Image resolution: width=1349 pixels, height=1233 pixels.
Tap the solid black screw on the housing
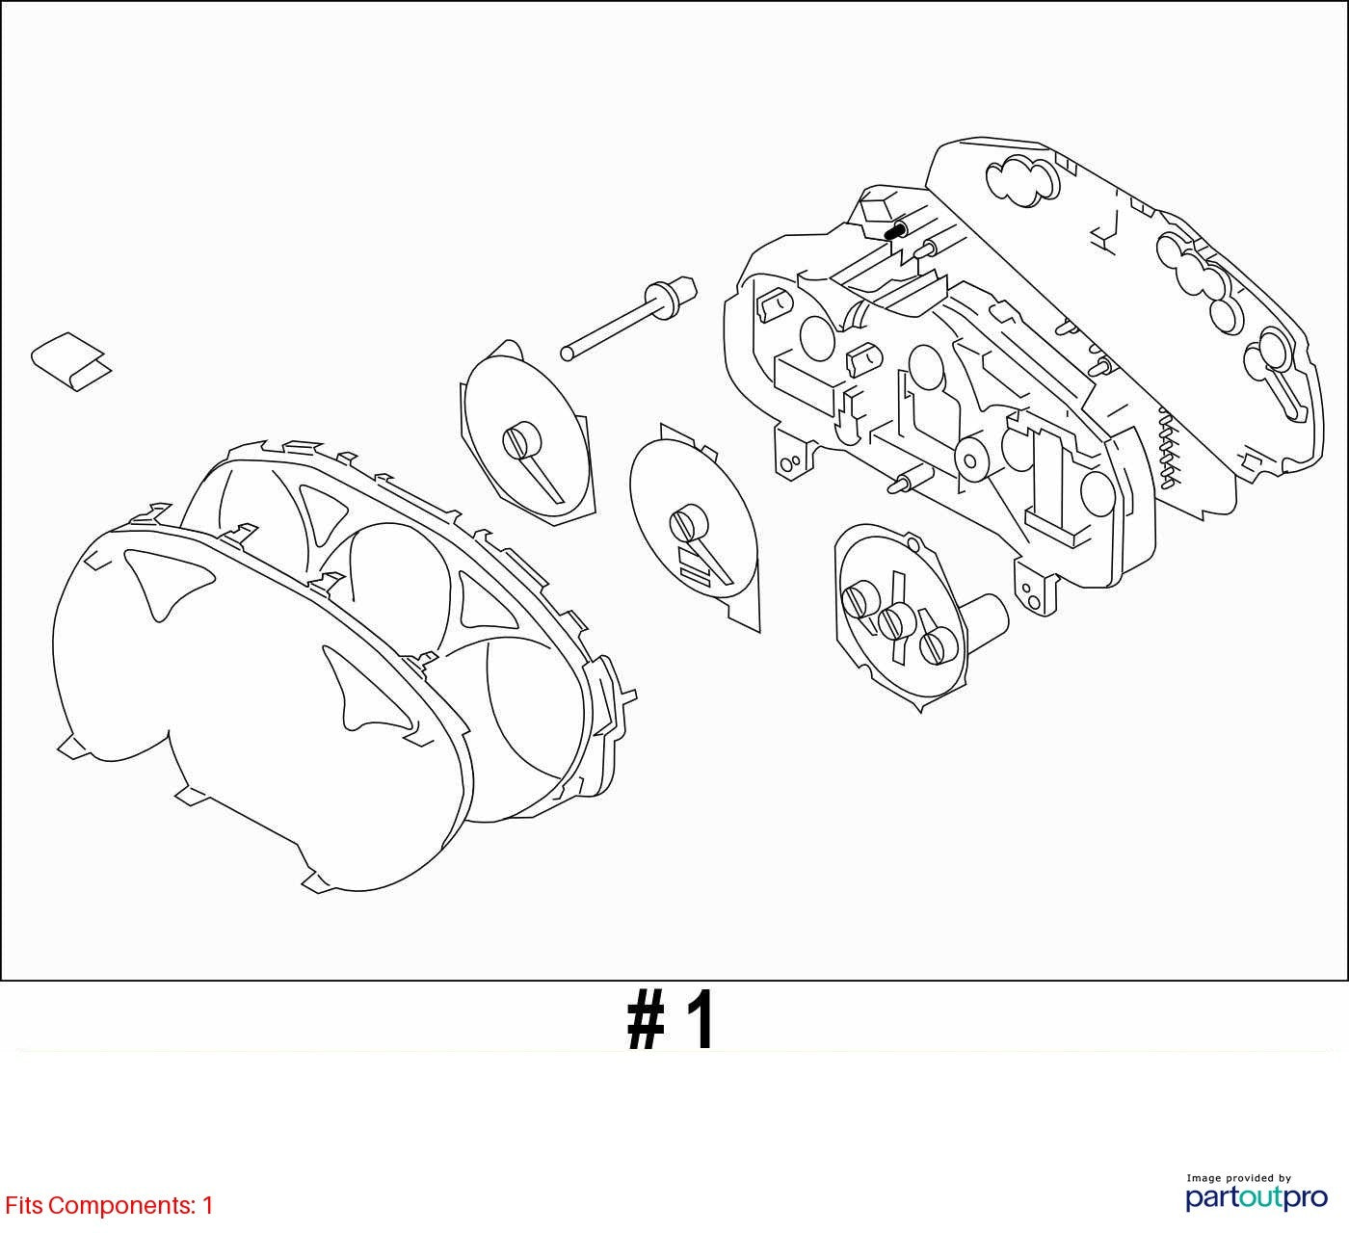[x=894, y=232]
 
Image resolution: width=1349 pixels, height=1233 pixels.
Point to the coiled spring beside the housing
[x=1167, y=447]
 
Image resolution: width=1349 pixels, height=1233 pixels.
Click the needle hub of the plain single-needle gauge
[x=521, y=442]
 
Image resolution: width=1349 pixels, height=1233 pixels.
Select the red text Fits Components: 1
[x=109, y=1205]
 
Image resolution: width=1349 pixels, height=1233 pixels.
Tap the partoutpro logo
[x=1256, y=1198]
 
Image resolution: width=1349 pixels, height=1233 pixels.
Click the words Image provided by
[x=1239, y=1178]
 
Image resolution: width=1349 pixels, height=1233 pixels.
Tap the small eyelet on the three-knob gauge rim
[x=912, y=542]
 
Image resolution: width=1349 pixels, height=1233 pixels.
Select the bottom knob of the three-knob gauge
[x=939, y=646]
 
